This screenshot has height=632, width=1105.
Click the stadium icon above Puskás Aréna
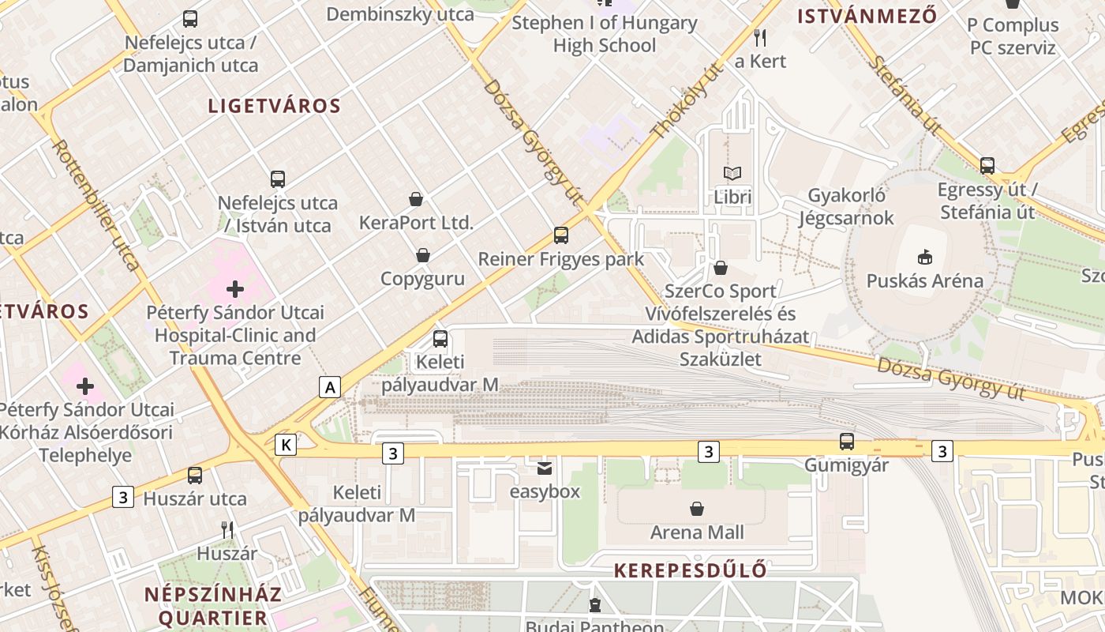924,257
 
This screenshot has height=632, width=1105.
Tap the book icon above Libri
732,173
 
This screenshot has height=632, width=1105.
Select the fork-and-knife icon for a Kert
760,37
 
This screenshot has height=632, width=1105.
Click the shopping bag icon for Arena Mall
697,509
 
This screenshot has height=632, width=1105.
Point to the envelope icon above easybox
545,468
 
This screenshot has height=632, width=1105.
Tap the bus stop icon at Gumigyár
847,442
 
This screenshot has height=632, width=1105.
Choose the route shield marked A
330,387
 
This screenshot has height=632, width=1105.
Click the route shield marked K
286,446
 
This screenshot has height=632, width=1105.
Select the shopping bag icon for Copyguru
423,255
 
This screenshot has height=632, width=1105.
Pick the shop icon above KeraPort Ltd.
416,199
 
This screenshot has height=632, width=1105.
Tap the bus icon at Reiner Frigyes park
561,235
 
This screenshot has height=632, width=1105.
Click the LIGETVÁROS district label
274,106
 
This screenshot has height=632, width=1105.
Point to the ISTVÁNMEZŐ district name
867,16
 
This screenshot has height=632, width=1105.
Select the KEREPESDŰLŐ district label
690,570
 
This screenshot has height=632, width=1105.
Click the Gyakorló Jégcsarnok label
846,206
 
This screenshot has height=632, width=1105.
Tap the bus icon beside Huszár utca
195,476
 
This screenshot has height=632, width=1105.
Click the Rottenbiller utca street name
96,205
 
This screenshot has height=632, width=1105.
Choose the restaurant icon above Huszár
227,530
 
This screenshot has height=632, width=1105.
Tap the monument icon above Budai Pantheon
595,606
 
